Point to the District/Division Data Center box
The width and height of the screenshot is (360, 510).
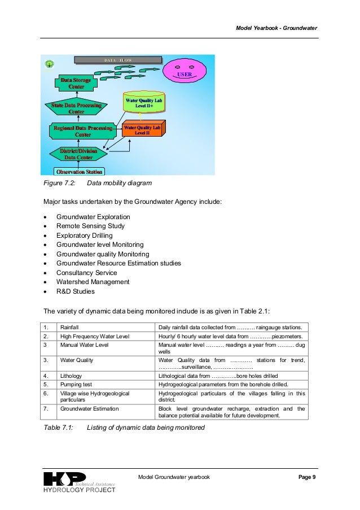[78, 154]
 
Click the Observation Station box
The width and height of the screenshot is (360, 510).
[80, 171]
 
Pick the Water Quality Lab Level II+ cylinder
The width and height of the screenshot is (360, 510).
[143, 103]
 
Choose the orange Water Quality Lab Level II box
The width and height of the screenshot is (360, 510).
[142, 130]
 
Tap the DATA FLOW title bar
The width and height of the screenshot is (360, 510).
[117, 59]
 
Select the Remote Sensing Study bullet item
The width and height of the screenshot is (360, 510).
[90, 226]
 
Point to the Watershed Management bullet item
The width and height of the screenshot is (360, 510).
[93, 282]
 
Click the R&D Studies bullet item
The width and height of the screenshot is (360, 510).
[76, 291]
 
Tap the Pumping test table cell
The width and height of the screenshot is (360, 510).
[78, 385]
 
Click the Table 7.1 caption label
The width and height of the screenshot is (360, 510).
[59, 428]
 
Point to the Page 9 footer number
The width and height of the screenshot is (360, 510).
[306, 478]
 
